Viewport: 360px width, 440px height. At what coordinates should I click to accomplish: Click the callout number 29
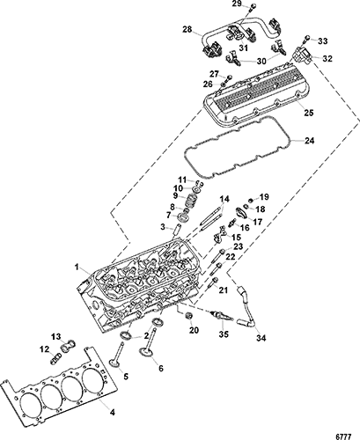click(x=236, y=4)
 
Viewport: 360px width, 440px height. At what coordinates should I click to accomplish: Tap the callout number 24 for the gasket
click(x=309, y=141)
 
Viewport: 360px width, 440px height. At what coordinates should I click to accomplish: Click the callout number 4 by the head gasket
click(x=113, y=413)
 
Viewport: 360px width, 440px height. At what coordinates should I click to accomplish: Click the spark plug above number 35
click(x=223, y=317)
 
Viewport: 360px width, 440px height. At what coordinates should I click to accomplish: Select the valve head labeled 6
click(x=145, y=352)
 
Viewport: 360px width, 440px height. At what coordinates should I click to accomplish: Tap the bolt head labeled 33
click(x=307, y=37)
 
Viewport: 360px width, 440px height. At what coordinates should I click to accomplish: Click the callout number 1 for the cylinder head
click(x=77, y=267)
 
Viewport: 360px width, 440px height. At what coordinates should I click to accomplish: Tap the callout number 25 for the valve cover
click(x=309, y=113)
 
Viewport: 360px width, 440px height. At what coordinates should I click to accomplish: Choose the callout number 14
click(x=224, y=200)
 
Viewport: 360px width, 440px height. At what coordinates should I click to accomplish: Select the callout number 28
click(x=187, y=29)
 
